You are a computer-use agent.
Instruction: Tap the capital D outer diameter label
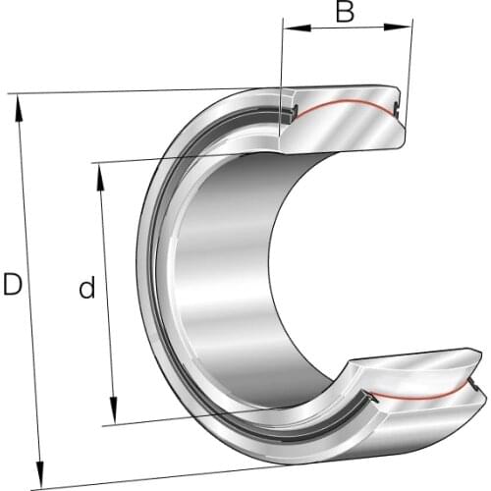12,286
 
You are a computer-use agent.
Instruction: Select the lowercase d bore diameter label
87,289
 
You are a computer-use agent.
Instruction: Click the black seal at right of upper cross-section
398,109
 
